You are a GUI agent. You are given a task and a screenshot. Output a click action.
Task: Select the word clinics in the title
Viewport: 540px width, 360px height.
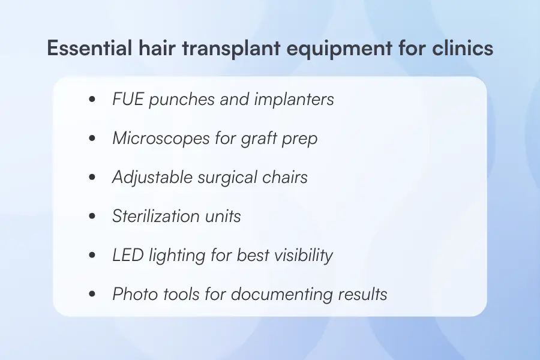(463, 49)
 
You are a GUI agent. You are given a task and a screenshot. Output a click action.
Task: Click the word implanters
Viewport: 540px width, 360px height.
(294, 99)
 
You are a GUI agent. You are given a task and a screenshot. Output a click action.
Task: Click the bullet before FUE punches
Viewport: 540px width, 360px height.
(92, 100)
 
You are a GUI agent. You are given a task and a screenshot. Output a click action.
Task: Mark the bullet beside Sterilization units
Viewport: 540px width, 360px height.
(92, 217)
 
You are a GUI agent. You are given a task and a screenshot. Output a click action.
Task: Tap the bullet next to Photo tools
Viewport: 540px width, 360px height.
(92, 295)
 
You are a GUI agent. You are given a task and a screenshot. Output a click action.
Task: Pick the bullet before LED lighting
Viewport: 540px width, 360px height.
(92, 256)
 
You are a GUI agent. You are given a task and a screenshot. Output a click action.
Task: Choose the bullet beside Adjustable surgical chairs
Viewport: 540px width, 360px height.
(92, 178)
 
